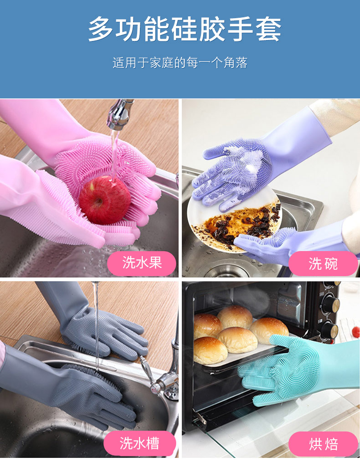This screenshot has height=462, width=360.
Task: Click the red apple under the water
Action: click(104, 200)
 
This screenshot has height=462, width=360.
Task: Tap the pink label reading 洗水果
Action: click(142, 263)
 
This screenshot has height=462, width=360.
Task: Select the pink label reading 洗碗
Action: click(323, 263)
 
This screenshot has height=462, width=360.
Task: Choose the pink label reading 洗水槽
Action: click(139, 443)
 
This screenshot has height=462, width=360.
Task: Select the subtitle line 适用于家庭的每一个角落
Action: click(180, 63)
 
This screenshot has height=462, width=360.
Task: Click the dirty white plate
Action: click(205, 228)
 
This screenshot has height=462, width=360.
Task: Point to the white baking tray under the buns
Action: click(246, 358)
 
